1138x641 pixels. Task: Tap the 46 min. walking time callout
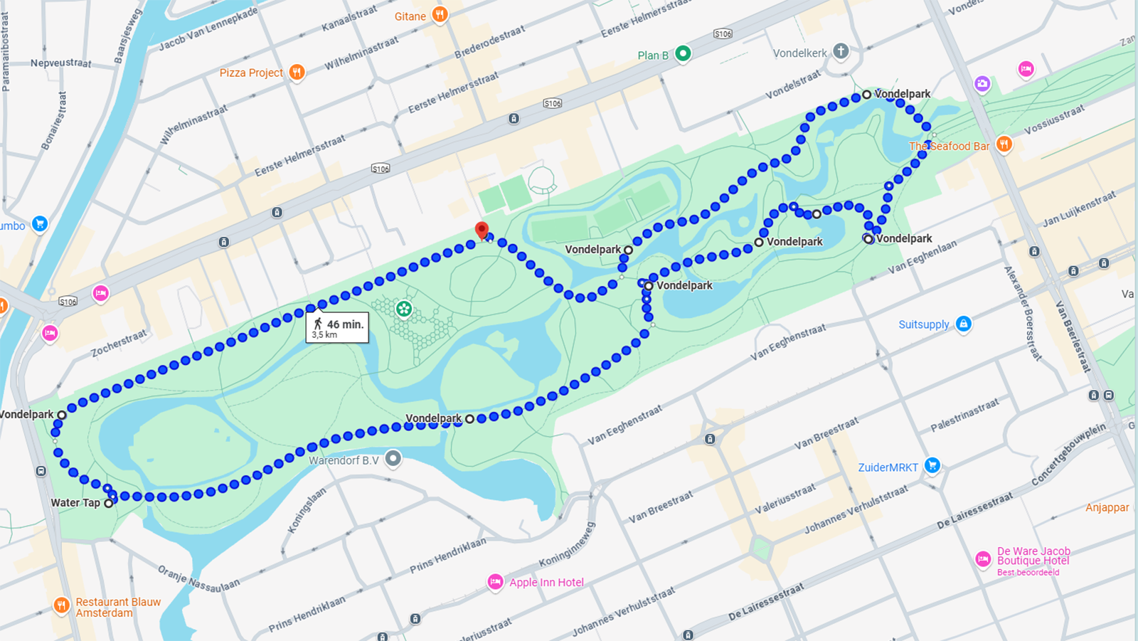click(x=338, y=327)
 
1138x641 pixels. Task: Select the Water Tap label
click(x=75, y=502)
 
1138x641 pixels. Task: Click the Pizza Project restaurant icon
click(x=297, y=72)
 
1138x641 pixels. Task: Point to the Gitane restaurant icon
click(x=440, y=15)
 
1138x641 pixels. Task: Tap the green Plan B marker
click(x=683, y=53)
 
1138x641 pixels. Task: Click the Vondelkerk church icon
click(x=841, y=51)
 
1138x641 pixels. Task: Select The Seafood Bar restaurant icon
click(x=1004, y=144)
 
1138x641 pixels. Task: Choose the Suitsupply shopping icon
click(x=963, y=324)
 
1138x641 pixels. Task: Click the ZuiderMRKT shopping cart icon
click(x=932, y=466)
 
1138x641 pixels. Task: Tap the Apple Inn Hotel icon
click(x=496, y=582)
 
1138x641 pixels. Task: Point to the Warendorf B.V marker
click(x=393, y=459)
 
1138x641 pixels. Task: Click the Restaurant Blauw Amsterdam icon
click(x=62, y=606)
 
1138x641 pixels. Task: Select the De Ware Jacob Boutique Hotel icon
click(x=983, y=559)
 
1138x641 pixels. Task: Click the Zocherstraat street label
click(x=119, y=343)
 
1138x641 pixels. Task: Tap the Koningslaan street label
click(x=307, y=510)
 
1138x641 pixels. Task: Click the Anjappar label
click(x=1107, y=507)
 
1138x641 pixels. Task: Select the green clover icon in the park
click(x=404, y=309)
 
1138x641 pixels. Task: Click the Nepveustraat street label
click(x=60, y=63)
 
